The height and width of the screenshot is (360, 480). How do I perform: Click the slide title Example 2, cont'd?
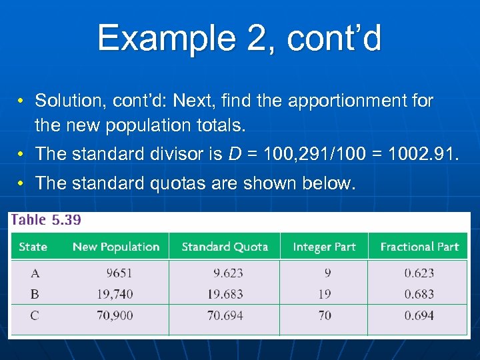pyautogui.click(x=239, y=38)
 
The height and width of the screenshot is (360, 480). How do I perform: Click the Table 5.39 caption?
pyautogui.click(x=46, y=220)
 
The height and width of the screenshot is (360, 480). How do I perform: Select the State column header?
pyautogui.click(x=33, y=247)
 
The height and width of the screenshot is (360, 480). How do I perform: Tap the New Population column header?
pyautogui.click(x=116, y=247)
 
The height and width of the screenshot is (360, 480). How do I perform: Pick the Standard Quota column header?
pyautogui.click(x=225, y=247)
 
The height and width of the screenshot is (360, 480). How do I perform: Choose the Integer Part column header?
pyautogui.click(x=324, y=247)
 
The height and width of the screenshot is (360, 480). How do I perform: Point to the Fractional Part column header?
pyautogui.click(x=419, y=247)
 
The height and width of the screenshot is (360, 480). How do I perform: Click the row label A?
pyautogui.click(x=35, y=273)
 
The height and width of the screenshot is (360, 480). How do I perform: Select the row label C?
pyautogui.click(x=35, y=315)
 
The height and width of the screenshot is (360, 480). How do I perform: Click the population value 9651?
pyautogui.click(x=119, y=273)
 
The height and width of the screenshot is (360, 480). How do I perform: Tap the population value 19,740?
pyautogui.click(x=115, y=294)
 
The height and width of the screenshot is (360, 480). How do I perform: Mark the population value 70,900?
pyautogui.click(x=115, y=315)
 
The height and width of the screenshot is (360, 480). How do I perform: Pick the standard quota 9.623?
pyautogui.click(x=228, y=273)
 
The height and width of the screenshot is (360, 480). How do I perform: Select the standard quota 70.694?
pyautogui.click(x=225, y=315)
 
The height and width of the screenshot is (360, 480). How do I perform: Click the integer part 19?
pyautogui.click(x=325, y=294)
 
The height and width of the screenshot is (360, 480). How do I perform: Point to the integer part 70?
pyautogui.click(x=325, y=315)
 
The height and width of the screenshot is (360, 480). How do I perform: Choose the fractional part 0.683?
pyautogui.click(x=419, y=294)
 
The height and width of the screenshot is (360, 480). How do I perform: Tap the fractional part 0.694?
pyautogui.click(x=419, y=315)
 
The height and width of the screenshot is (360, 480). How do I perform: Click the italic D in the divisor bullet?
pyautogui.click(x=235, y=154)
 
